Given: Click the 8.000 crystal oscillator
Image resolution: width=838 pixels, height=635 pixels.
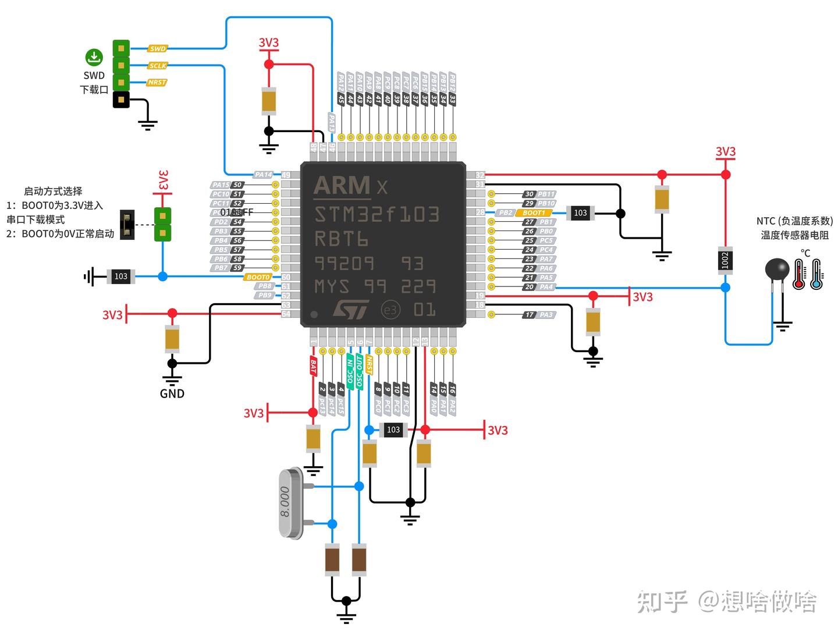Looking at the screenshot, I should point(291,503).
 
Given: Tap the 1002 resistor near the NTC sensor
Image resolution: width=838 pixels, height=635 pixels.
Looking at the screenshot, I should point(725,260).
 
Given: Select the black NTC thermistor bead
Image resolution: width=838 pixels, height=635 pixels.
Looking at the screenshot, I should point(776,269).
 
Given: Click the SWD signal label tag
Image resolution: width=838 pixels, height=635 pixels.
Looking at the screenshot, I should point(158,49).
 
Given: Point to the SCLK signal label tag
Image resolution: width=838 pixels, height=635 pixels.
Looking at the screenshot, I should point(158,66).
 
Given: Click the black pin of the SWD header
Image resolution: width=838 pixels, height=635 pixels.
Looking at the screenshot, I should point(121,100).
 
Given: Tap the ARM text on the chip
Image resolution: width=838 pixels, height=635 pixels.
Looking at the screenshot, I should point(342,186).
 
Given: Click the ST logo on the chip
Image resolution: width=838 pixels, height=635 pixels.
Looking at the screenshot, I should point(351,309).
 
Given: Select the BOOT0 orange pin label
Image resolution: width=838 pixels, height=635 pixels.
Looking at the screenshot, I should point(258,277).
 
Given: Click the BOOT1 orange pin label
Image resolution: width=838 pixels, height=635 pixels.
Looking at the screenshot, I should point(533,213).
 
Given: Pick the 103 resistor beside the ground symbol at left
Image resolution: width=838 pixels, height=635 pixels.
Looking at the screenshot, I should point(120,276).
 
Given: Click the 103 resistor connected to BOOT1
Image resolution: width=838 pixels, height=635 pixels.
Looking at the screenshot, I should point(580,213).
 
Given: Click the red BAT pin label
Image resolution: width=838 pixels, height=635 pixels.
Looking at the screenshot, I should point(313,366).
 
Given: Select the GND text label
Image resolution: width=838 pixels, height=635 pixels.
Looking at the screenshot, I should point(172,394).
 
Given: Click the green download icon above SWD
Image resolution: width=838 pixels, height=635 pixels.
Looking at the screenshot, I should point(94,57).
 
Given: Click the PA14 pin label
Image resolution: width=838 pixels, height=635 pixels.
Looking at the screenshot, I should point(263,175).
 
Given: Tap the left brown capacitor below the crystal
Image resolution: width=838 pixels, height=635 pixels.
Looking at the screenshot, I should point(332,560).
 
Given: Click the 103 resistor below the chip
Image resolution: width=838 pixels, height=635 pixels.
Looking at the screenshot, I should point(393,430).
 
